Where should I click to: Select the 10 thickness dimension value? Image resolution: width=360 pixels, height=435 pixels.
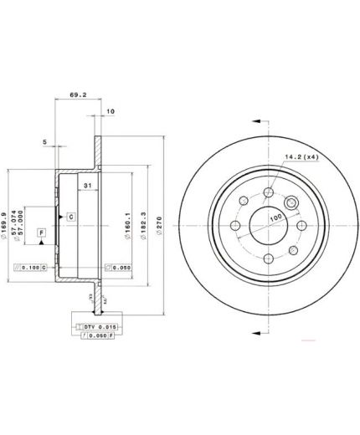(x=110, y=110)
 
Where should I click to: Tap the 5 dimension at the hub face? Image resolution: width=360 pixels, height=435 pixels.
(x=44, y=142)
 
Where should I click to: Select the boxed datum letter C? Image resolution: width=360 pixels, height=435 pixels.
(x=71, y=217)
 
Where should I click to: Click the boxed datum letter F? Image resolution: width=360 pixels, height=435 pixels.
(x=41, y=232)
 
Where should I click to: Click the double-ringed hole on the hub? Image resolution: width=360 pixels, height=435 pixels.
(x=293, y=205)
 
